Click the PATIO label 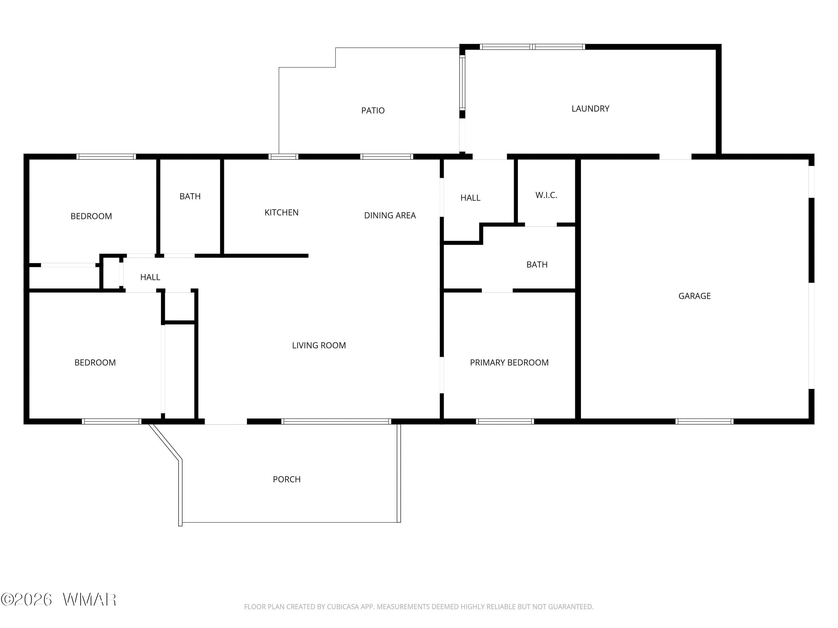tap(373, 111)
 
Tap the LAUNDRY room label tap(590, 109)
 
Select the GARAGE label tap(695, 296)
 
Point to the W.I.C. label tap(546, 195)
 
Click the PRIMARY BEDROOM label tap(509, 363)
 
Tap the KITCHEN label tap(282, 213)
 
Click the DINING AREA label tap(390, 215)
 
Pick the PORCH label tap(287, 479)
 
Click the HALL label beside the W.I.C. tap(470, 198)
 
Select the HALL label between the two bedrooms tap(150, 277)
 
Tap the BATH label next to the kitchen tap(190, 197)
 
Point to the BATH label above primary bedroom tap(537, 265)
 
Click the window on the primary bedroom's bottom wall tap(505, 421)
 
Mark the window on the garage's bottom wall tap(704, 421)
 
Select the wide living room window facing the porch tap(336, 421)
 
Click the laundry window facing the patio tap(462, 82)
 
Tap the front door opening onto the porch tap(226, 422)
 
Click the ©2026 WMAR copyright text tap(59, 600)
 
